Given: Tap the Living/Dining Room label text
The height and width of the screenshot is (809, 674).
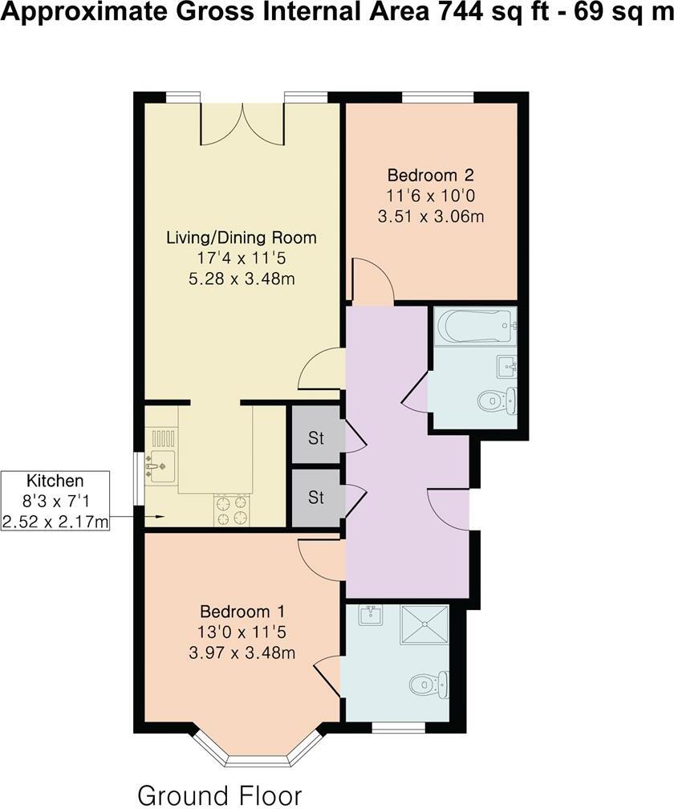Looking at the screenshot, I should click(x=241, y=238).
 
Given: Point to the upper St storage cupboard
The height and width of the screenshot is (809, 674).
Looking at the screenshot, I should click(x=316, y=438).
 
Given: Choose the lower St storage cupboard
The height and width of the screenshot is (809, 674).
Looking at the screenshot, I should click(x=316, y=498).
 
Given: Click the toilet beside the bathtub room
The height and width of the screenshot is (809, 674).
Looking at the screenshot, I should click(x=496, y=400).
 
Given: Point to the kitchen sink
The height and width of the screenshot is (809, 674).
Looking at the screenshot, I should click(x=162, y=463).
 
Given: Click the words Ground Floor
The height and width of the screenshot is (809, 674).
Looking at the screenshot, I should click(x=220, y=795).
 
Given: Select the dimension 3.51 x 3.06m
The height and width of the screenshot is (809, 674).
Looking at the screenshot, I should click(x=431, y=216).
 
